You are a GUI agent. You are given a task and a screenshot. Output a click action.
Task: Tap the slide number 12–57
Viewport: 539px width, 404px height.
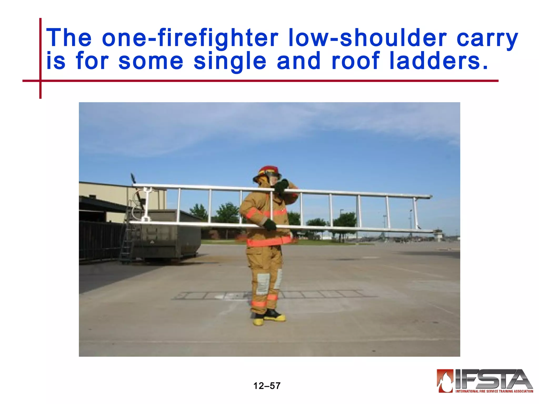[x=267, y=386]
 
